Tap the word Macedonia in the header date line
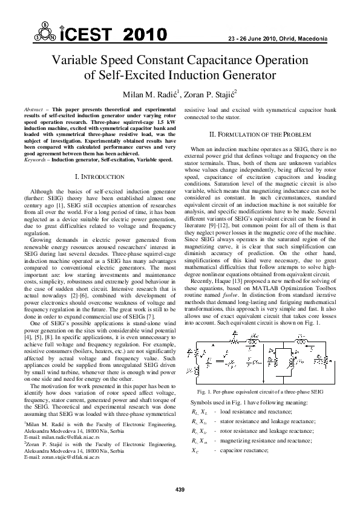tap(312, 39)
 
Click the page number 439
tap(180, 488)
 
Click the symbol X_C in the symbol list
tap(194, 450)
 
